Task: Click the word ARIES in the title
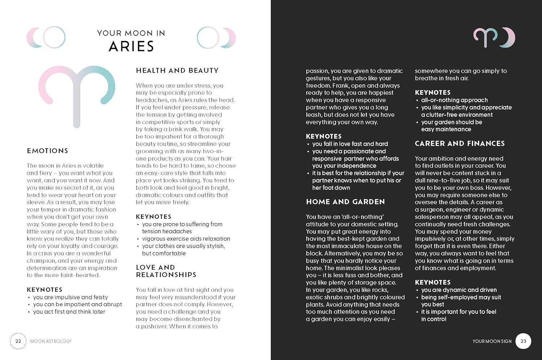pyautogui.click(x=131, y=47)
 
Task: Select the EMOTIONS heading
pyautogui.click(x=47, y=151)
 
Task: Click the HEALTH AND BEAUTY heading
pyautogui.click(x=177, y=70)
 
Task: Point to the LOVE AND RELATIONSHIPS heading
pyautogui.click(x=166, y=271)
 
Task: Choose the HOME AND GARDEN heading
pyautogui.click(x=345, y=202)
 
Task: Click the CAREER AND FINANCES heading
pyautogui.click(x=460, y=143)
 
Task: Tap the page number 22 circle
pyautogui.click(x=18, y=341)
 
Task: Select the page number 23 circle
pyautogui.click(x=523, y=341)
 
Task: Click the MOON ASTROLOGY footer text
pyautogui.click(x=51, y=341)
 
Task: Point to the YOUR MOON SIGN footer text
pyautogui.click(x=492, y=341)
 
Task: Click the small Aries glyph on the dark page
pyautogui.click(x=485, y=37)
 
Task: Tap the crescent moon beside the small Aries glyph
pyautogui.click(x=509, y=37)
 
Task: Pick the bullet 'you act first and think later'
pyautogui.click(x=69, y=312)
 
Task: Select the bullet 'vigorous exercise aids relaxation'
pyautogui.click(x=186, y=239)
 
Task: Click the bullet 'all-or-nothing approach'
pyautogui.click(x=454, y=100)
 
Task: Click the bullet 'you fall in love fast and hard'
pyautogui.click(x=350, y=144)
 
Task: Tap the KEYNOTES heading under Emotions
pyautogui.click(x=44, y=290)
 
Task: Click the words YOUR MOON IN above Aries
pyautogui.click(x=131, y=33)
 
